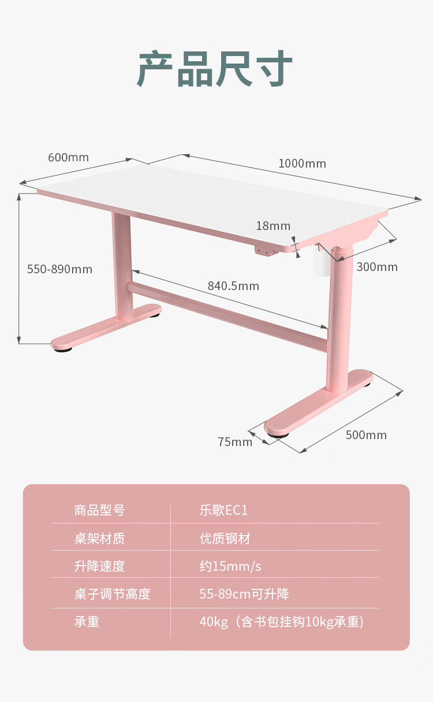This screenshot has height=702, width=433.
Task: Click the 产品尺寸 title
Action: pos(215,69)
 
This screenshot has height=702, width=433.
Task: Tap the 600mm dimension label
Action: pos(68,158)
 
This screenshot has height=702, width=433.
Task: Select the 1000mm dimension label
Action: pos(302,164)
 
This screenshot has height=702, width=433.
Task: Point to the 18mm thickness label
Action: pos(273,226)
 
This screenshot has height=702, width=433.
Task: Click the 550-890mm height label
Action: pos(59,269)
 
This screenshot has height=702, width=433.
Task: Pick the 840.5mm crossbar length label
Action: pos(233,286)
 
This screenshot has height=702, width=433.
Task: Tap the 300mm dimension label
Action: pos(377,267)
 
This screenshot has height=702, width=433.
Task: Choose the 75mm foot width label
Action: pos(235,442)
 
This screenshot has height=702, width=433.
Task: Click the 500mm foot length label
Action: pos(366,435)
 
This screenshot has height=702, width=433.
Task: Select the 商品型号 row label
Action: pos(99,511)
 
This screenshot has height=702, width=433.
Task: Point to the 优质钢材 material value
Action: pos(225,539)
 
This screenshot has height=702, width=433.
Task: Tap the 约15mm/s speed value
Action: pos(230,566)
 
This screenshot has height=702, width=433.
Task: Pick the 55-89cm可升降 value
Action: pos(244,594)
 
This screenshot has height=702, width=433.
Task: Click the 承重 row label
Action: pos(87,622)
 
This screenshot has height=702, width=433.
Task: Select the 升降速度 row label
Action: pos(99,566)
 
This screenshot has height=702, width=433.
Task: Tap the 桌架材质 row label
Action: pos(99,539)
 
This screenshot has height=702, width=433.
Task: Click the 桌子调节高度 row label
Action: pos(112,594)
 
